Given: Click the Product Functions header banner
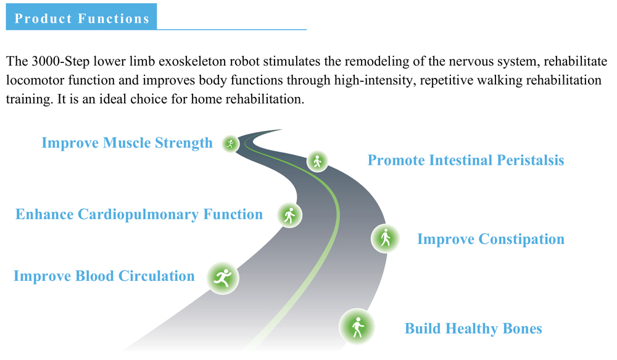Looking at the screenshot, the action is pos(81,17).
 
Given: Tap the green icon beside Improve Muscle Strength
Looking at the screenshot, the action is pos(231,144).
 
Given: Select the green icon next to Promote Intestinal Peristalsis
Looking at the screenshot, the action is pos(317,161).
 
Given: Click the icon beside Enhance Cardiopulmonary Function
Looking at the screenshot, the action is pos(289,215).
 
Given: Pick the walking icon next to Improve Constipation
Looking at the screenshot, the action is pos(385,238).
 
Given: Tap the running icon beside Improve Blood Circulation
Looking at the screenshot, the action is pos(223,278).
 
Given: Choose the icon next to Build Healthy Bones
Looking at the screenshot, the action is pos(357,327).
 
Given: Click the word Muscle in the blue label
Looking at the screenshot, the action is pos(126,143).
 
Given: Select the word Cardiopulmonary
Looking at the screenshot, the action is pos(138,215).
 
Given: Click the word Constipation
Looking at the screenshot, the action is pos(522,240).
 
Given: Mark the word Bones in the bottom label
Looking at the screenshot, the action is pos(523,329).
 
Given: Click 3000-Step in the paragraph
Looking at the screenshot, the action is pos(60,62).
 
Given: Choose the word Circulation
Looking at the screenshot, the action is pos(157,276).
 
